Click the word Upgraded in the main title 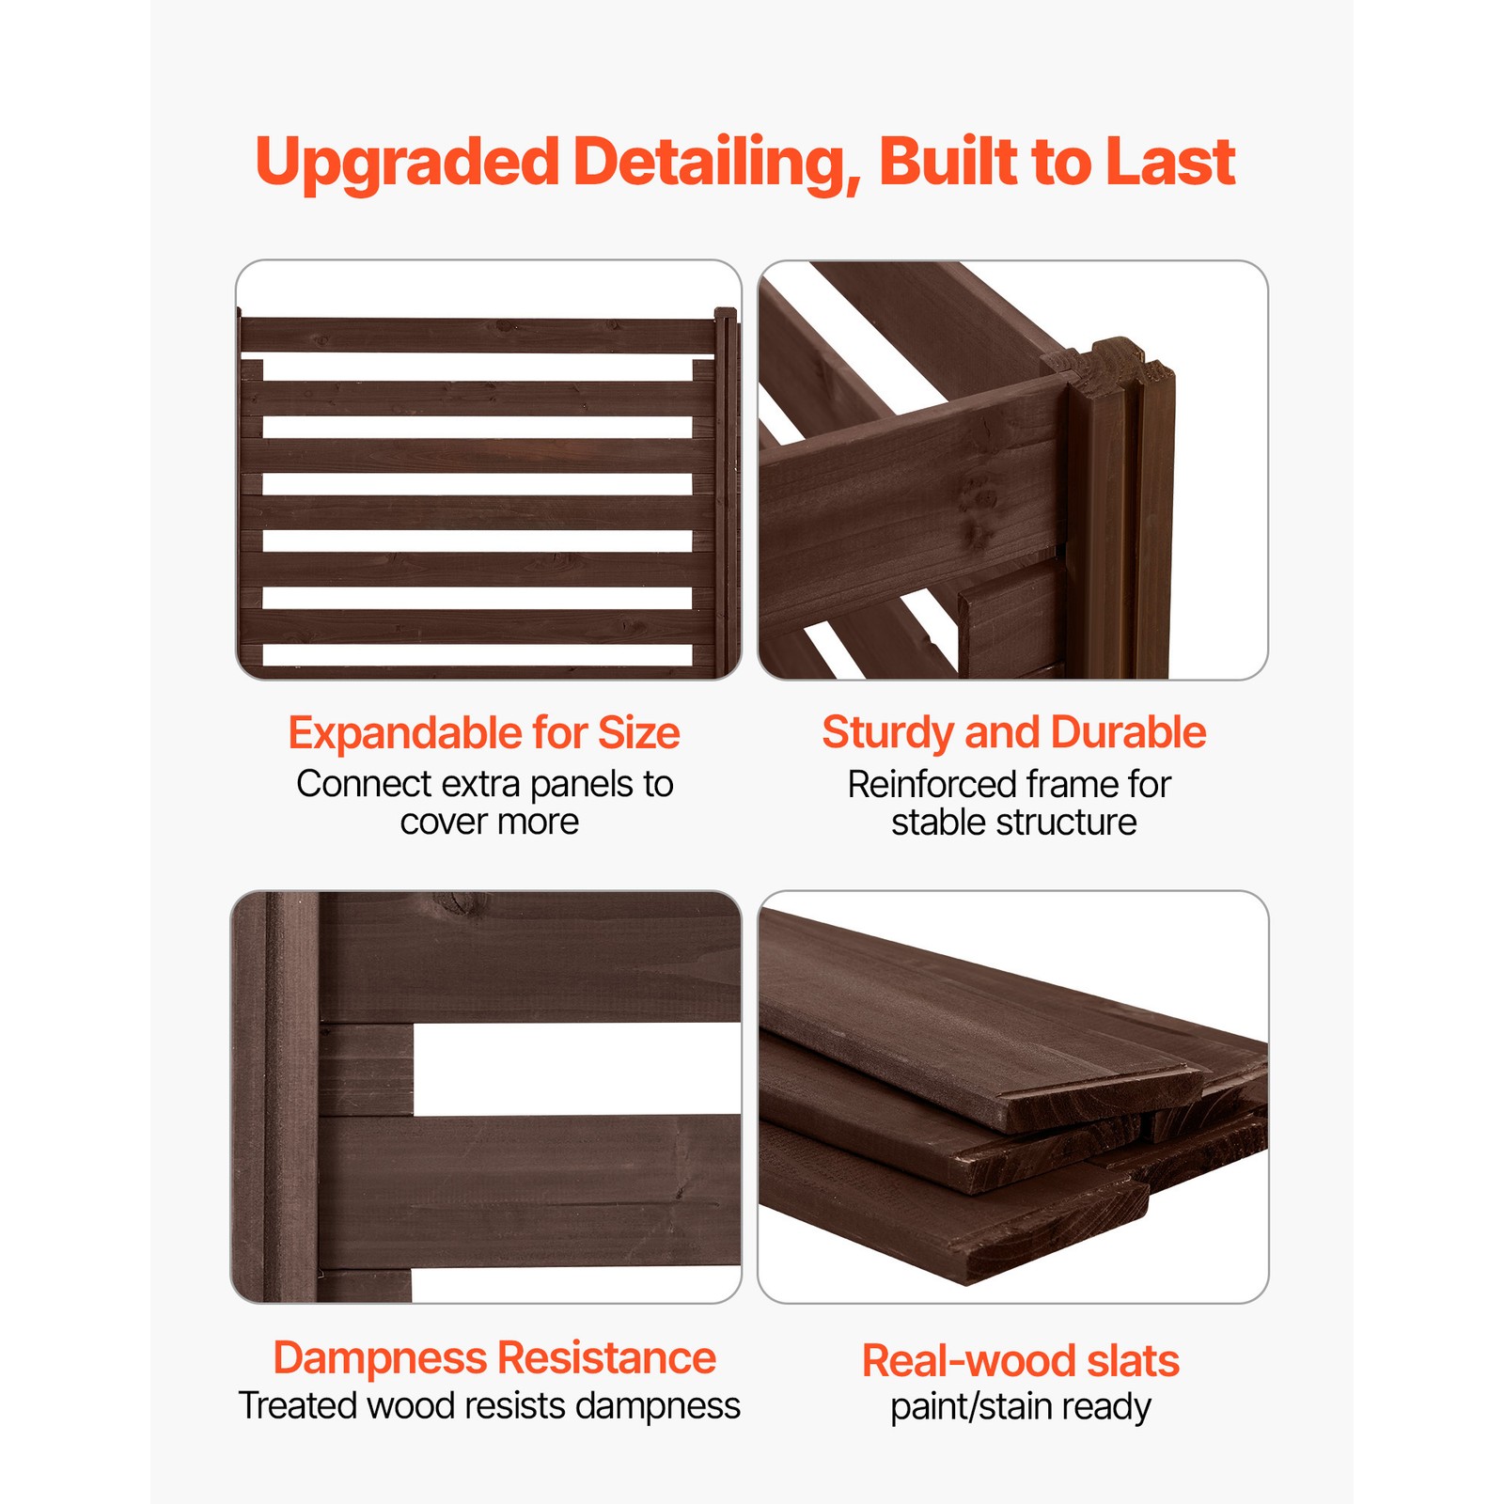(407, 163)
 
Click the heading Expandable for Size (484, 733)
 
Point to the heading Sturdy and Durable (1013, 733)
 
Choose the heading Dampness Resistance (494, 1358)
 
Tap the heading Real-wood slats (1021, 1361)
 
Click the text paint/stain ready (1021, 1407)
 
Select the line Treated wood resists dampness (489, 1406)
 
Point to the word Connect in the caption (364, 784)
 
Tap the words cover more (489, 822)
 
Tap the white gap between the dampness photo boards (575, 1069)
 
